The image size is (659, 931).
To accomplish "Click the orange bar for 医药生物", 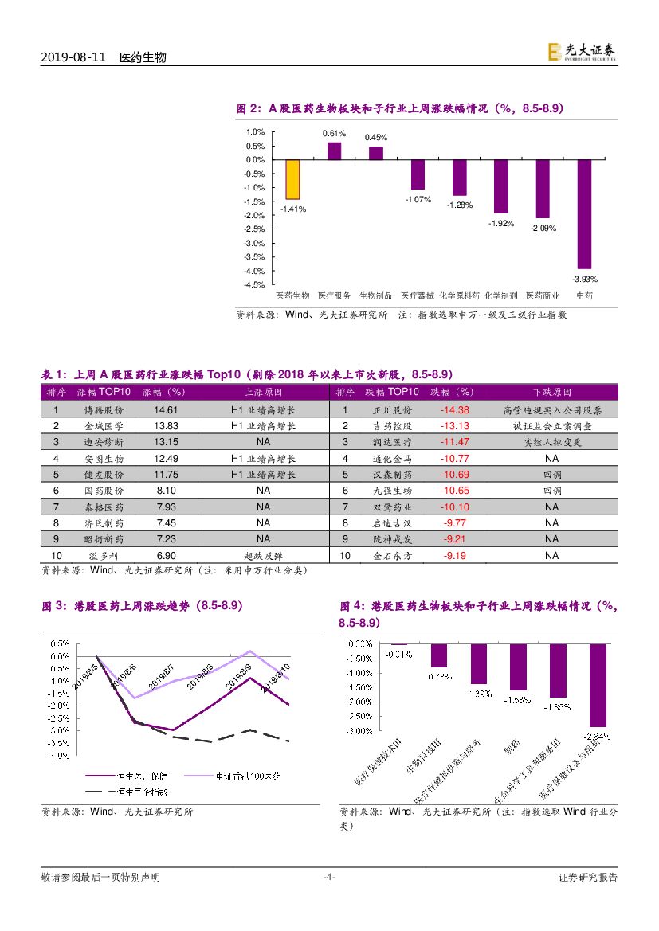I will coord(292,179).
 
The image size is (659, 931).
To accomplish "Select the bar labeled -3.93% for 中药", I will coord(584,213).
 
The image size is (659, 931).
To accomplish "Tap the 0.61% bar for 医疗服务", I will coord(335,151).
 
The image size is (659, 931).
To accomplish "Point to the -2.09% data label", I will coord(543,228).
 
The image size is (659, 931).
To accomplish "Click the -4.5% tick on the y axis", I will coord(255,284).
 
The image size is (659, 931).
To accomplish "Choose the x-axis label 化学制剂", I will coord(501,295).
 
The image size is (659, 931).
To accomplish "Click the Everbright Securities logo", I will coord(581,52).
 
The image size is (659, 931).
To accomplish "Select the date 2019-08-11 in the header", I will coord(73,58).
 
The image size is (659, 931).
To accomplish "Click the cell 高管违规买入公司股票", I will coord(552,410).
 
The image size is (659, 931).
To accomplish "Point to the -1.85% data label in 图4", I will coord(558,706).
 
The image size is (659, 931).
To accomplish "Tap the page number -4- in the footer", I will coord(328,877).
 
